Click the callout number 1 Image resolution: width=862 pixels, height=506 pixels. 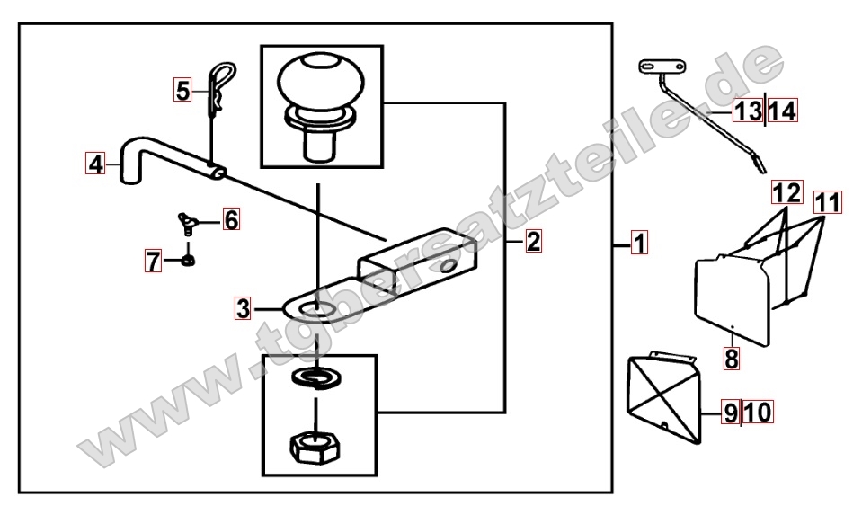point(639,243)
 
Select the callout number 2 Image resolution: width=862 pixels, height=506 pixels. point(533,241)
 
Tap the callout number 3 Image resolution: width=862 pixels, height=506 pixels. point(243,309)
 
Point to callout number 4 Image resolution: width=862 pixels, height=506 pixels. point(95,164)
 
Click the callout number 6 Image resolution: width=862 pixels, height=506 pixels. point(231,220)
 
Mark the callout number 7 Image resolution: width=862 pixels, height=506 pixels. point(154,261)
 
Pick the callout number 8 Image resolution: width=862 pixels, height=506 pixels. point(731,360)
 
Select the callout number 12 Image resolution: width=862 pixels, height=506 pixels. point(786,193)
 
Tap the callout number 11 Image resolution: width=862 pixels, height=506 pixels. point(827,203)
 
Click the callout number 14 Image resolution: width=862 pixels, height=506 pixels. point(782,111)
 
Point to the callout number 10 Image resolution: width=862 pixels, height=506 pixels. point(758,413)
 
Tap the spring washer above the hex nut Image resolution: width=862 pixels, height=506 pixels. point(315,378)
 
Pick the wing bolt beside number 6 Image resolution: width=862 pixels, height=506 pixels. point(187,223)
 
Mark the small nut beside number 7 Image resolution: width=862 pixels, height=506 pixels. point(188,261)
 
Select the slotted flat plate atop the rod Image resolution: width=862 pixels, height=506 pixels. point(662,67)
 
